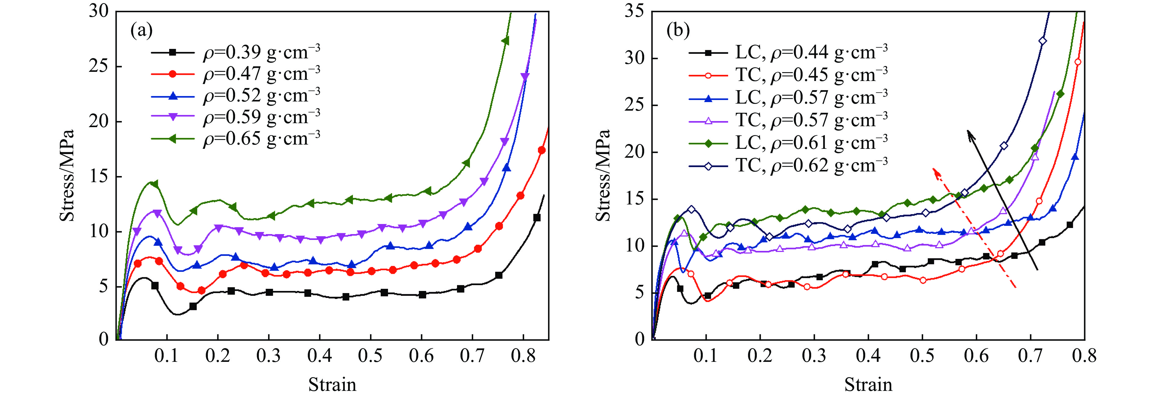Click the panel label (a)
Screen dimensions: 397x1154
coord(141,31)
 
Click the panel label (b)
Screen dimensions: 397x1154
coord(678,31)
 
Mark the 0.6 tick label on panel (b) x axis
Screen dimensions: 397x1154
coord(977,356)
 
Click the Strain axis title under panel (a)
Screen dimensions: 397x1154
coord(332,385)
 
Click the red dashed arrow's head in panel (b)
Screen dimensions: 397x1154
coord(934,171)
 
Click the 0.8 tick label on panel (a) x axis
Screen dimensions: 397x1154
coord(523,356)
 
